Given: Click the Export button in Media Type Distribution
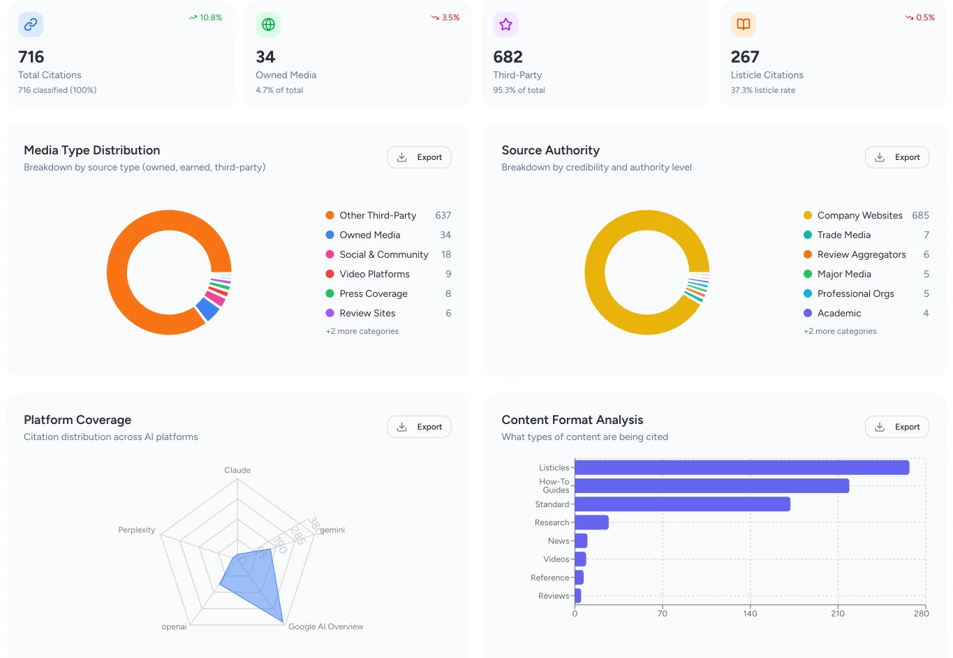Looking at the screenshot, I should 419,157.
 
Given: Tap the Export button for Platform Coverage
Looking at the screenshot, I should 419,427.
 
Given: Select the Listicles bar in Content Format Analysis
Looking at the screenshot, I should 741,467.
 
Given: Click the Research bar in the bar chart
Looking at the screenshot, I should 591,522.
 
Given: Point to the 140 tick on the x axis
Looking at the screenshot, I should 750,613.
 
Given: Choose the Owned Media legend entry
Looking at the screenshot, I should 369,235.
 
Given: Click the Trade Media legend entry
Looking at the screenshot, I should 843,235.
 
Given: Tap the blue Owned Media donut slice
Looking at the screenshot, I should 207,309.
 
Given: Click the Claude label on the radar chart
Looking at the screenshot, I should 237,470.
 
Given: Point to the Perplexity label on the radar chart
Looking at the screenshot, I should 137,530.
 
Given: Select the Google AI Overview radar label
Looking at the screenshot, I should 325,627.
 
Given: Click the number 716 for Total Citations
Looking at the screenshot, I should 31,57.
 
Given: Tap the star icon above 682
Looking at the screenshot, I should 505,24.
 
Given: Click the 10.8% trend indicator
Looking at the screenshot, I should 205,17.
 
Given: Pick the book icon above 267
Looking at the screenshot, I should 744,24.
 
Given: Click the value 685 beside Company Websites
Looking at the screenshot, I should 920,215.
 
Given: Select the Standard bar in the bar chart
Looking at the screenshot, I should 682,504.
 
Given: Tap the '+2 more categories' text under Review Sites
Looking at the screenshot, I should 362,331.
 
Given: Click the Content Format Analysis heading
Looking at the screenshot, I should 572,420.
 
